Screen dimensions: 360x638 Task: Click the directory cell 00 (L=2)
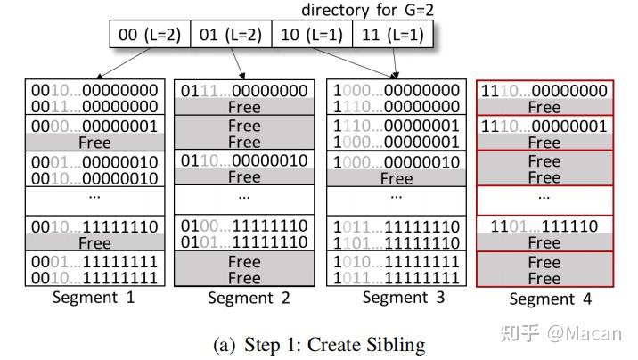coord(151,36)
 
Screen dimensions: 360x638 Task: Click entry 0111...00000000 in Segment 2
coord(244,91)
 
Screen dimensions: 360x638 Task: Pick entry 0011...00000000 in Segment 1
coord(94,107)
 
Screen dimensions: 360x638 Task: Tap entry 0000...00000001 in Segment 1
coord(94,126)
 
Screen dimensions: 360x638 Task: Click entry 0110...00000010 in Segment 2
coord(244,161)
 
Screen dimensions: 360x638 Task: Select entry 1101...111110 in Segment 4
coord(544,226)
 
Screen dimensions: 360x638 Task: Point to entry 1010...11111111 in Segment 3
coord(397,261)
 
